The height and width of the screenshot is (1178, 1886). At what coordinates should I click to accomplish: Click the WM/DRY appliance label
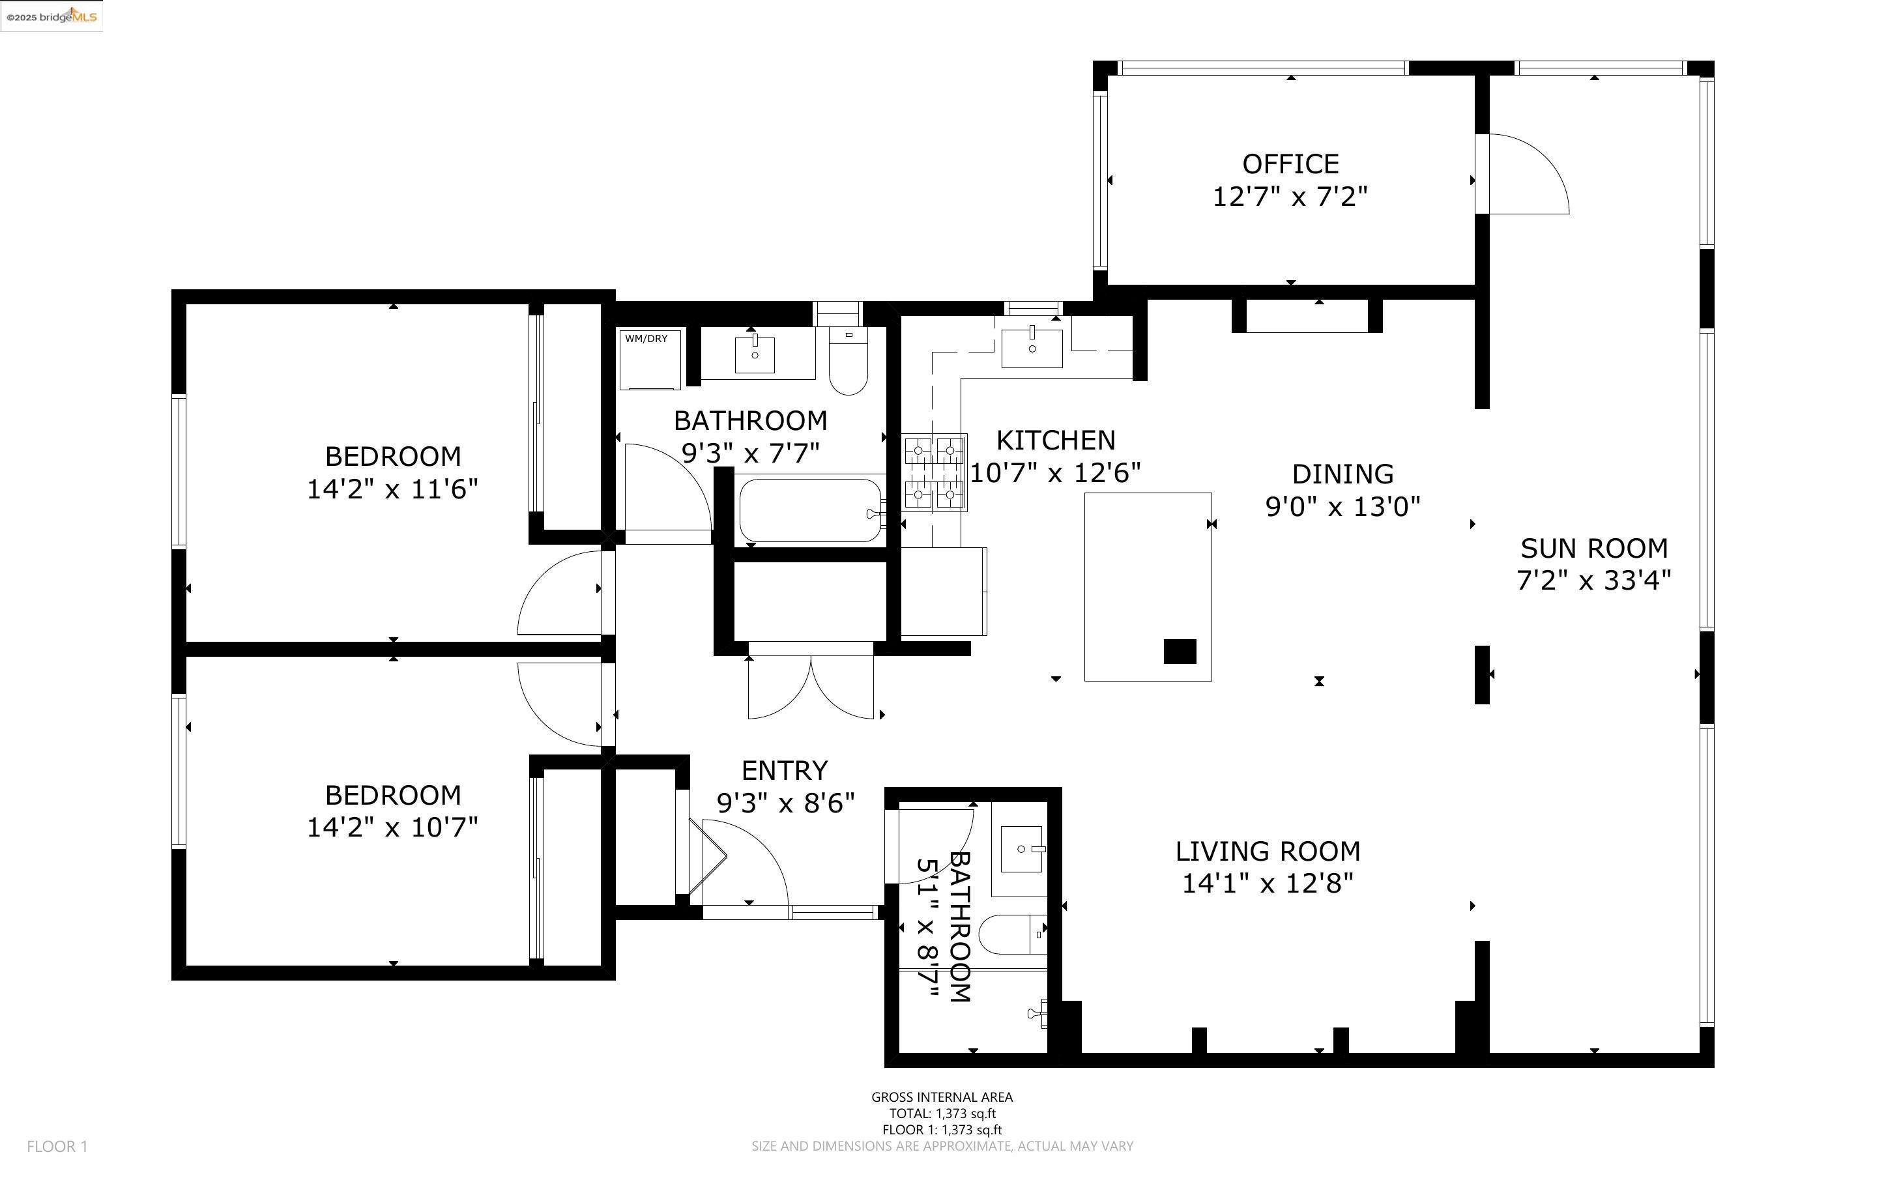pos(646,339)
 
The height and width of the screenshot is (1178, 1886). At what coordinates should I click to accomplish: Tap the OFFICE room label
pos(1290,164)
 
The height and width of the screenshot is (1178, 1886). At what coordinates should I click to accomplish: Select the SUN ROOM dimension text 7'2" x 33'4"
pos(1594,581)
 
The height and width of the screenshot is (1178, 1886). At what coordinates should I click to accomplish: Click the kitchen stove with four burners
pos(935,473)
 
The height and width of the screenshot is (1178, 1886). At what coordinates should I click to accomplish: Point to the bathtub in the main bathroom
pos(811,510)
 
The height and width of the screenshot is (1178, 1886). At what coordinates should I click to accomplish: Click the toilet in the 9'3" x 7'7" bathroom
pos(849,362)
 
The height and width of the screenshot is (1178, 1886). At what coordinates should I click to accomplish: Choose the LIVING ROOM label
pos(1268,851)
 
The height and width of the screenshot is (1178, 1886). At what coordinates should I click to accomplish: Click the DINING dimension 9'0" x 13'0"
pos(1342,507)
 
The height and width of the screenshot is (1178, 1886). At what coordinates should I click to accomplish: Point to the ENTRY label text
pos(784,771)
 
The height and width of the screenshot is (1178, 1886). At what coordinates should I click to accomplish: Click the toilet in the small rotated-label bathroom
pos(1012,934)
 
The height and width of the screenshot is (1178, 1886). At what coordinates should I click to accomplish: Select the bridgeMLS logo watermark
pos(51,16)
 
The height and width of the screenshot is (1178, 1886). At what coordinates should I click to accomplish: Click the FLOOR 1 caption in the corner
pos(57,1146)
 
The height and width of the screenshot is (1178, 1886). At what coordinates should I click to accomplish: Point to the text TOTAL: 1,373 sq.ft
pos(942,1113)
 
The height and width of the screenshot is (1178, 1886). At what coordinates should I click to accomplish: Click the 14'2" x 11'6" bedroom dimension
pos(392,489)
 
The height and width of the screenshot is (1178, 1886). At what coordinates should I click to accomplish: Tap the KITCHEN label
pos(1056,440)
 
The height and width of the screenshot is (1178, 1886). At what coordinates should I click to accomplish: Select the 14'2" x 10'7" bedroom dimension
pos(392,827)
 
